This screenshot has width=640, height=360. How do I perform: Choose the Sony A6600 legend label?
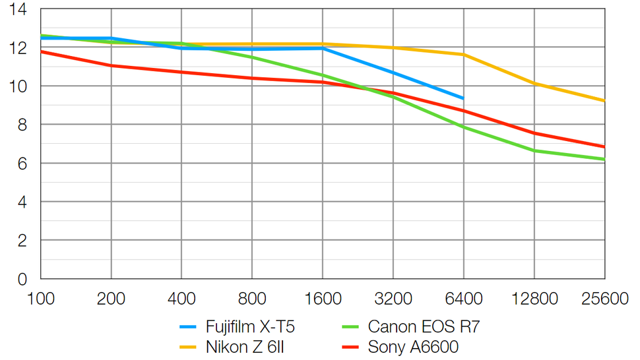tap(413, 347)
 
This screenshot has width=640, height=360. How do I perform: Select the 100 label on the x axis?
tap(40, 299)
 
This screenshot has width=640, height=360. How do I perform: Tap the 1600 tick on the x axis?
tap(323, 299)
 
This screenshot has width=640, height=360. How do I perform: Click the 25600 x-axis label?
tap(604, 299)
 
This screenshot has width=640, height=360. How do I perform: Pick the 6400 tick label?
tap(464, 299)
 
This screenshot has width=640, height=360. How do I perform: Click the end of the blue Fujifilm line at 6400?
tap(463, 98)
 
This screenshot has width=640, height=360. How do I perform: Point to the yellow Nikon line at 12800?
tap(534, 84)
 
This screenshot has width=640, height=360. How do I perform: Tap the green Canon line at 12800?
tap(534, 151)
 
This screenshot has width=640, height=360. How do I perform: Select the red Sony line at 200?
tap(111, 65)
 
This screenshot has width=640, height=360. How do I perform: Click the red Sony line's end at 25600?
tap(604, 147)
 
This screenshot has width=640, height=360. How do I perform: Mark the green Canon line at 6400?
tap(463, 127)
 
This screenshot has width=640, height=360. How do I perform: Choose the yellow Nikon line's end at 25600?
tap(604, 101)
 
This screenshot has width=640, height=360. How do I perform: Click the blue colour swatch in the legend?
tap(188, 327)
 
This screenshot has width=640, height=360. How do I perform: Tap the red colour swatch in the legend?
tap(350, 347)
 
